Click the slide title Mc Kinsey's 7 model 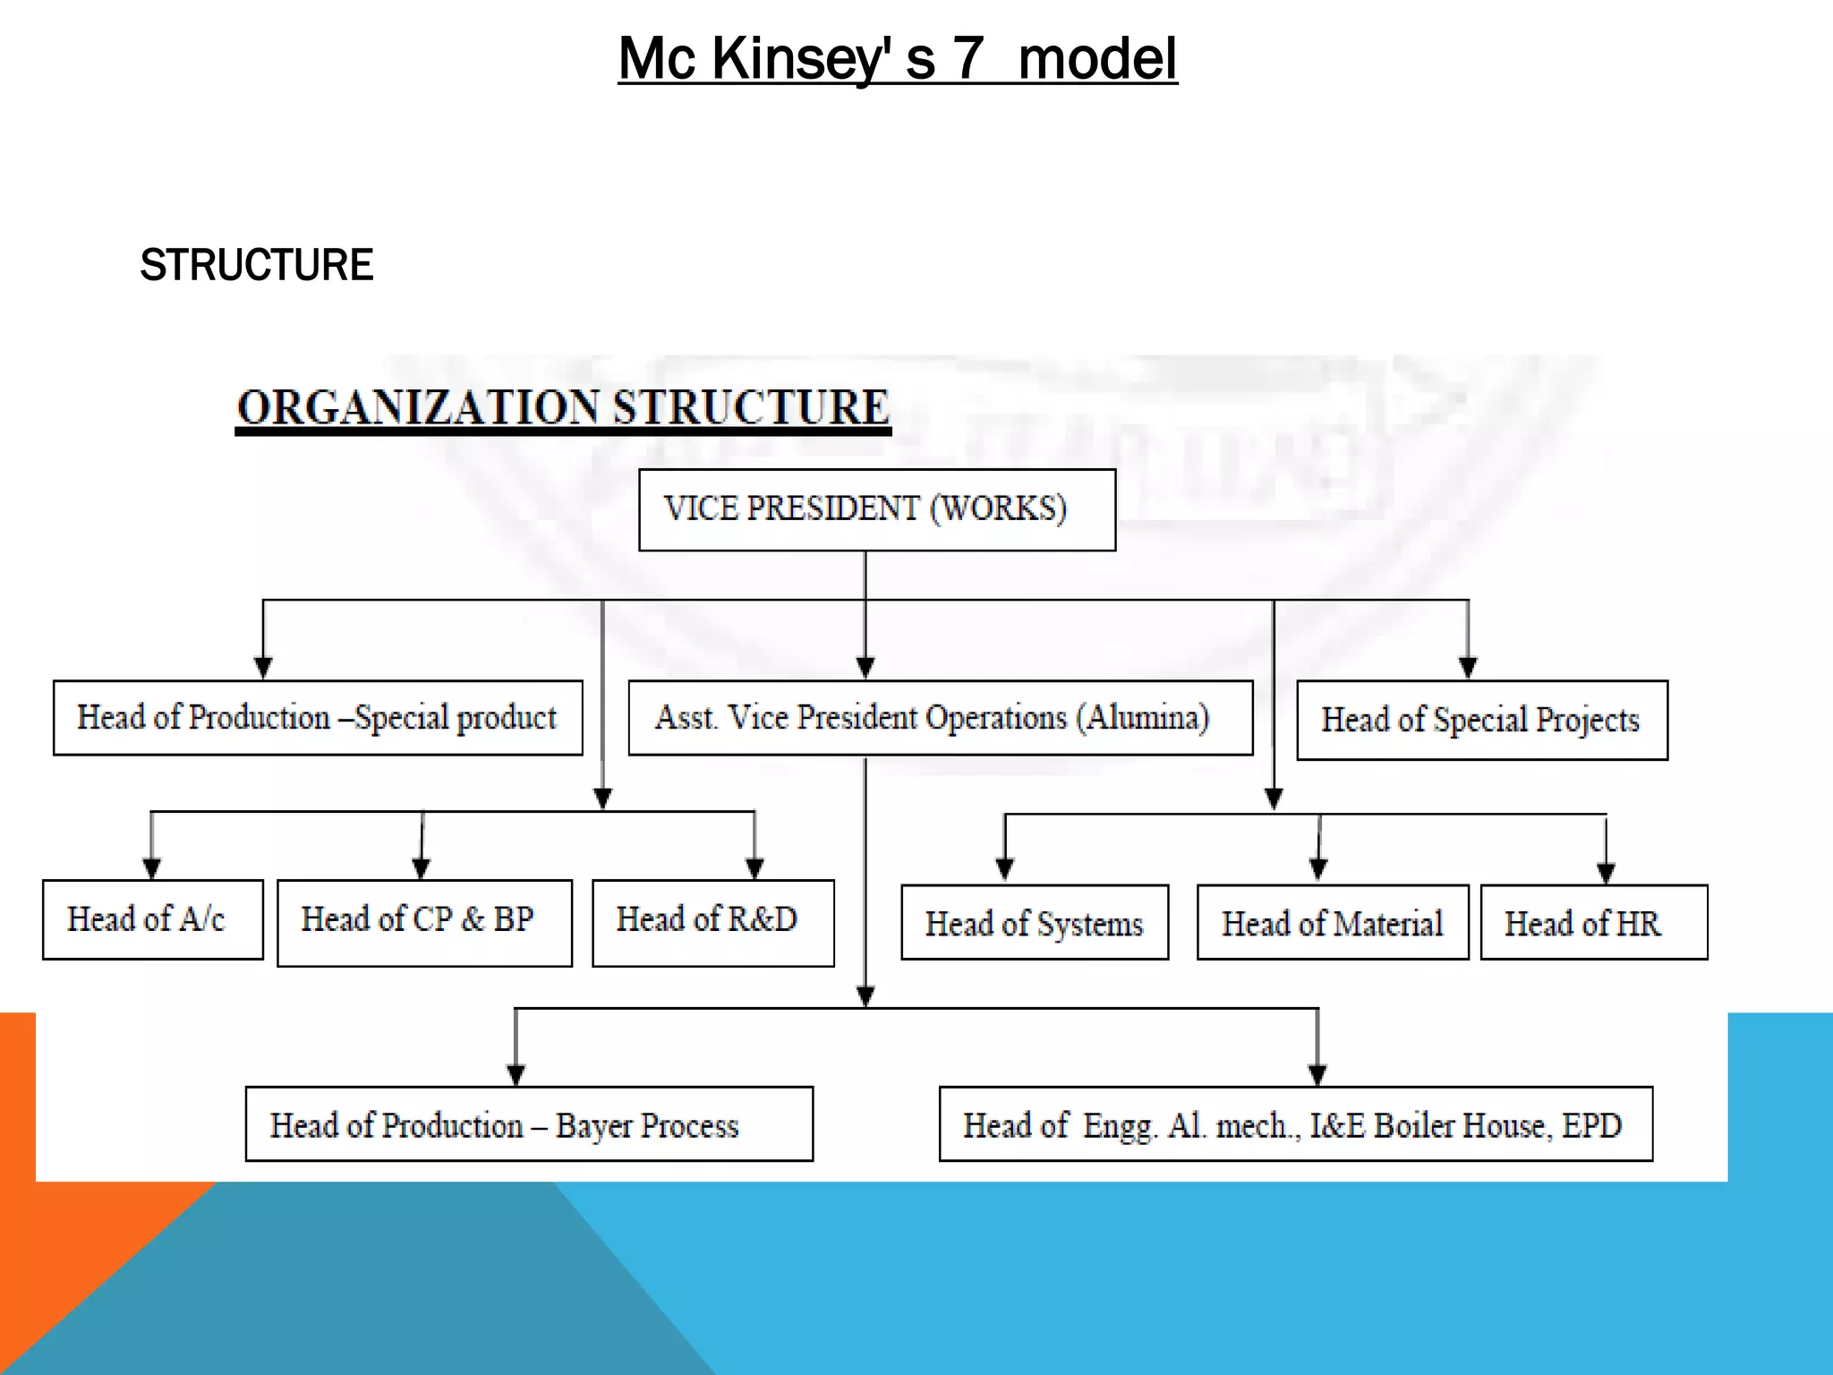pyautogui.click(x=898, y=59)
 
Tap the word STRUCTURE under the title pyautogui.click(x=257, y=265)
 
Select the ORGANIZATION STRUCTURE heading pyautogui.click(x=563, y=408)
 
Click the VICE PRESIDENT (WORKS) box pyautogui.click(x=877, y=509)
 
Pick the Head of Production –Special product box pyautogui.click(x=318, y=718)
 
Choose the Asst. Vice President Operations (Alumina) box pyautogui.click(x=940, y=718)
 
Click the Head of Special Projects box pyautogui.click(x=1481, y=721)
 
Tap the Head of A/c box pyautogui.click(x=153, y=919)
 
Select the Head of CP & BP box pyautogui.click(x=424, y=922)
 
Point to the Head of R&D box pyautogui.click(x=712, y=922)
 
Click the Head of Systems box pyautogui.click(x=1035, y=923)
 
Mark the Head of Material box pyautogui.click(x=1332, y=923)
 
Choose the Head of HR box pyautogui.click(x=1593, y=923)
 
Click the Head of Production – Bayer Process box pyautogui.click(x=529, y=1124)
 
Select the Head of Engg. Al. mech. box pyautogui.click(x=1295, y=1124)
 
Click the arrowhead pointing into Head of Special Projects pyautogui.click(x=1468, y=668)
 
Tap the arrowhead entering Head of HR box pyautogui.click(x=1606, y=873)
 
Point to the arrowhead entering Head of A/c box pyautogui.click(x=151, y=868)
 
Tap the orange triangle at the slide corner pyautogui.click(x=54, y=1253)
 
